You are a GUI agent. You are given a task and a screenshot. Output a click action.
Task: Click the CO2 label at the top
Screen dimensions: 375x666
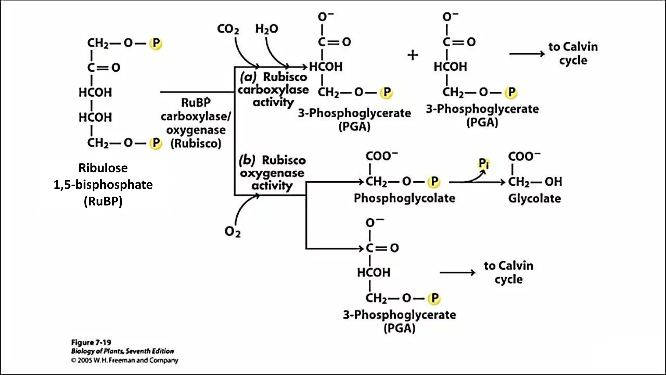pyautogui.click(x=228, y=29)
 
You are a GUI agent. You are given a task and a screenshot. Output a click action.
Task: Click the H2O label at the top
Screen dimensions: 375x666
pyautogui.click(x=267, y=29)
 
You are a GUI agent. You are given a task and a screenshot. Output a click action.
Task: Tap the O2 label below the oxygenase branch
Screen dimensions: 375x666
pyautogui.click(x=233, y=231)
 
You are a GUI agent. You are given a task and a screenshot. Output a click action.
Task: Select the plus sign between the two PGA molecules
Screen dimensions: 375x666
pyautogui.click(x=413, y=55)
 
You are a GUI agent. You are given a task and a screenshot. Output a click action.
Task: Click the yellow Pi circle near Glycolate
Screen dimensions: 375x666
pyautogui.click(x=484, y=163)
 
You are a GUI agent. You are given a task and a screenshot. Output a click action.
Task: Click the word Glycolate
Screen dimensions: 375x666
pyautogui.click(x=534, y=198)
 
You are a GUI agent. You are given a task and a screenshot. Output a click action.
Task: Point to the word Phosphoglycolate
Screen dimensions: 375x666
pyautogui.click(x=404, y=198)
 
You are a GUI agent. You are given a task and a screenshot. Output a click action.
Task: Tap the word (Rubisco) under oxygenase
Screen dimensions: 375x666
pyautogui.click(x=196, y=143)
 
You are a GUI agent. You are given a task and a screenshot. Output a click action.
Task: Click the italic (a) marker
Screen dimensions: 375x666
pyautogui.click(x=248, y=77)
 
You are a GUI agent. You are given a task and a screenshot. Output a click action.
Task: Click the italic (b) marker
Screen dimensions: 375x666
pyautogui.click(x=247, y=160)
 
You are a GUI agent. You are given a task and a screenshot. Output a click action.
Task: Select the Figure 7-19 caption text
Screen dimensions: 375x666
pyautogui.click(x=91, y=342)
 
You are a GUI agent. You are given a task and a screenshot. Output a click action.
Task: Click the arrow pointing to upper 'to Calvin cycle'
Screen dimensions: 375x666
pyautogui.click(x=527, y=54)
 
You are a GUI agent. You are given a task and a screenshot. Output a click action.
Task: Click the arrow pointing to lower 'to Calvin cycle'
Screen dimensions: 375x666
pyautogui.click(x=457, y=272)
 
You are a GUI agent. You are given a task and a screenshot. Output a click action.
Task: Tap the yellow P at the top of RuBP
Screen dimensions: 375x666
pyautogui.click(x=156, y=43)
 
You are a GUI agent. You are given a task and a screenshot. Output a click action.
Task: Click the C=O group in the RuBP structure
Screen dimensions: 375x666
pyautogui.click(x=104, y=67)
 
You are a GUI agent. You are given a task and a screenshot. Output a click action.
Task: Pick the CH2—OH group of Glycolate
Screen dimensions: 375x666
pyautogui.click(x=535, y=182)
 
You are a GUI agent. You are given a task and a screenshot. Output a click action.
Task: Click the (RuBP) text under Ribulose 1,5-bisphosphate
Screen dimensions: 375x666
pyautogui.click(x=103, y=201)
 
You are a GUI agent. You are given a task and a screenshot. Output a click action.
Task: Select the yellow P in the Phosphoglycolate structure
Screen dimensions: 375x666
pyautogui.click(x=434, y=182)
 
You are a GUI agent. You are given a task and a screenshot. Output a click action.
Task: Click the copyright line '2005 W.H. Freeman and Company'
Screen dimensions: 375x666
pyautogui.click(x=125, y=360)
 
